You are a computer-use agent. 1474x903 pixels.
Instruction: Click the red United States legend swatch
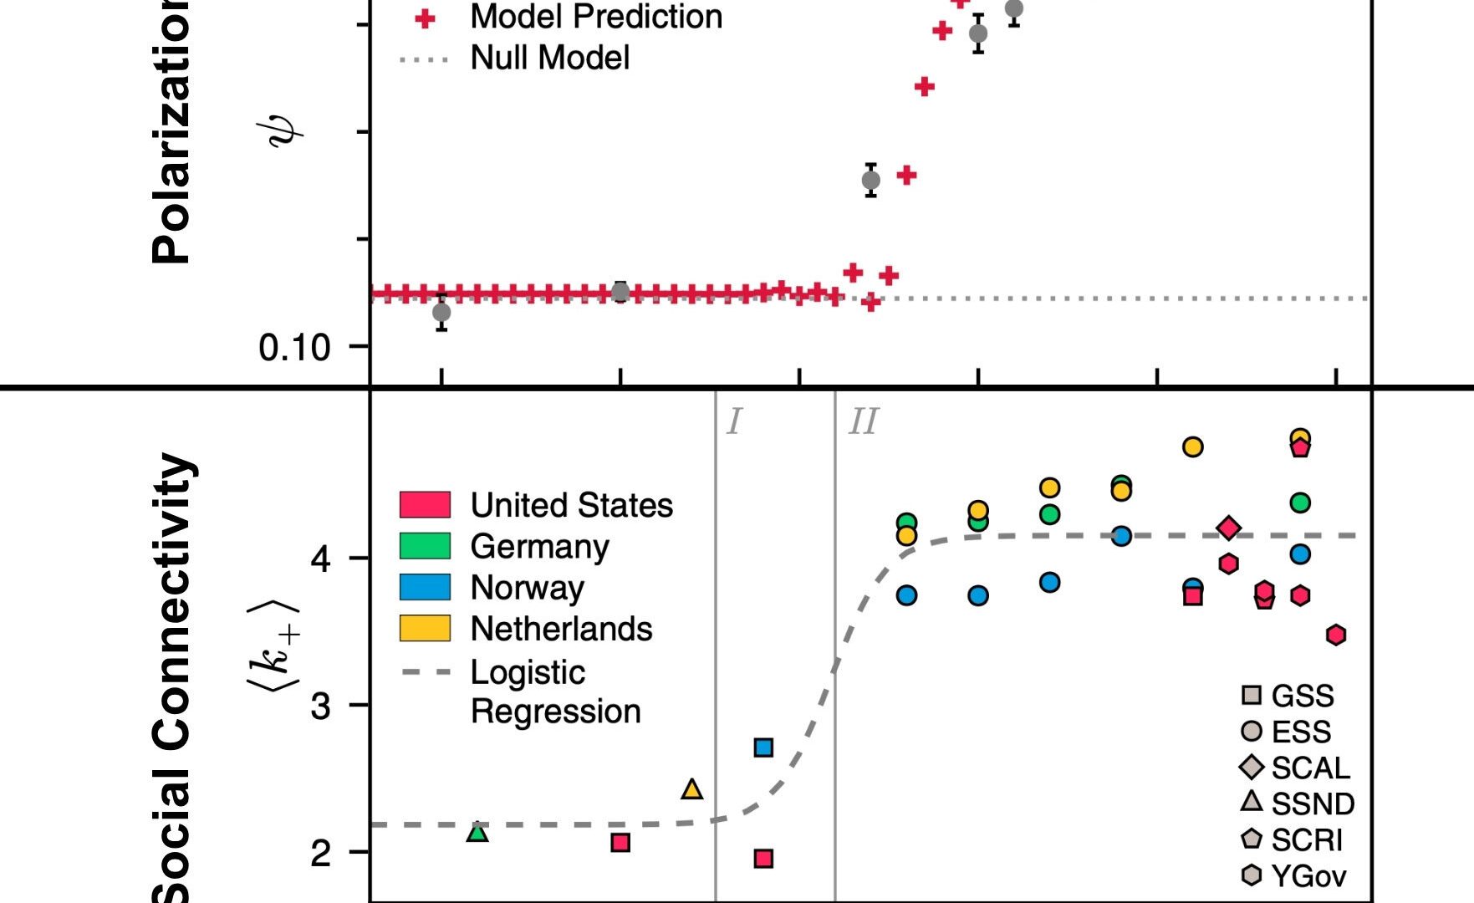(x=425, y=505)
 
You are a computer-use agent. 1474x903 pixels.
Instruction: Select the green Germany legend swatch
(x=425, y=546)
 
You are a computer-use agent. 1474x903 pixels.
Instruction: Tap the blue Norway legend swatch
(x=425, y=587)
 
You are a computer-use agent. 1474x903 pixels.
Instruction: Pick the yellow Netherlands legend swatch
(x=425, y=628)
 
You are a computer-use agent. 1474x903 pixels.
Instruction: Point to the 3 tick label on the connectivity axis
(x=321, y=707)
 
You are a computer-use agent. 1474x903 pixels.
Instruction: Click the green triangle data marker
(x=477, y=832)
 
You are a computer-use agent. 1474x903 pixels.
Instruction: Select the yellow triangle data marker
(x=692, y=788)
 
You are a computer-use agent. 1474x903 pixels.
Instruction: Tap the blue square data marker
(x=763, y=747)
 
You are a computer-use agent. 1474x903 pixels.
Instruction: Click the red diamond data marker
(x=1228, y=528)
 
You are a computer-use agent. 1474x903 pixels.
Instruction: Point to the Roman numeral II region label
(x=864, y=423)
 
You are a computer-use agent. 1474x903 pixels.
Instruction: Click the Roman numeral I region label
(x=734, y=423)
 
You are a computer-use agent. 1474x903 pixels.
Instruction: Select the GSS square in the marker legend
(x=1252, y=695)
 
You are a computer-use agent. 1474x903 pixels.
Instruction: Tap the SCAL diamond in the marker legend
(x=1252, y=767)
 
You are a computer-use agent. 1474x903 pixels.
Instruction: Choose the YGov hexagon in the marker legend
(x=1252, y=875)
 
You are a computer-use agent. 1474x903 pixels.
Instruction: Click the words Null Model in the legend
(x=550, y=58)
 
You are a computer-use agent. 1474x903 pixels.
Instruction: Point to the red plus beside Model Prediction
(x=426, y=18)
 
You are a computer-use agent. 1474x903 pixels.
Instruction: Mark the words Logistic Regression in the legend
(x=555, y=691)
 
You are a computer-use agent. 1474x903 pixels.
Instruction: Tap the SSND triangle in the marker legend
(x=1252, y=802)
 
